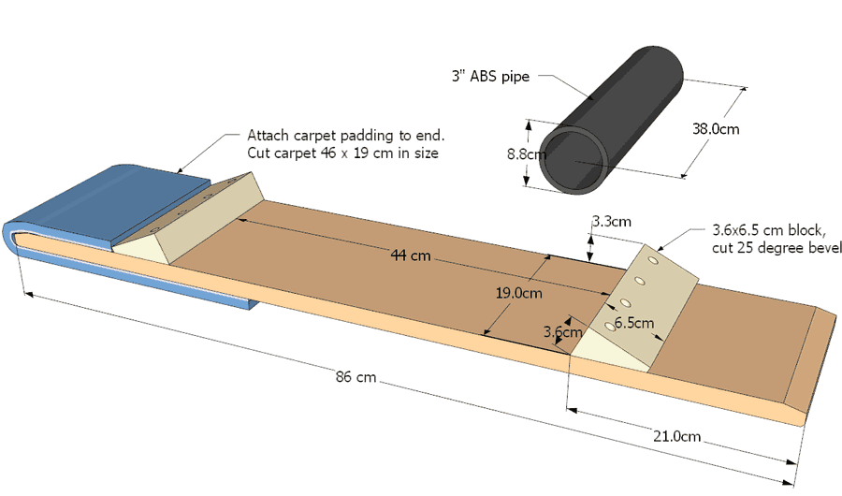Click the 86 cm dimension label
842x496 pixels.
click(x=356, y=377)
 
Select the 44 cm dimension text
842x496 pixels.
click(x=411, y=255)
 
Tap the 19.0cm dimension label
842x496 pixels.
click(x=519, y=293)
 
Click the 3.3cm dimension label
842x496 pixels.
click(x=611, y=222)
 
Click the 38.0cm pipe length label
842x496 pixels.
click(x=714, y=129)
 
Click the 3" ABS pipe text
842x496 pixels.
click(x=491, y=77)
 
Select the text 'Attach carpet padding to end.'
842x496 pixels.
click(x=345, y=135)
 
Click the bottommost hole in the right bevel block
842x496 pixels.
click(x=610, y=326)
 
